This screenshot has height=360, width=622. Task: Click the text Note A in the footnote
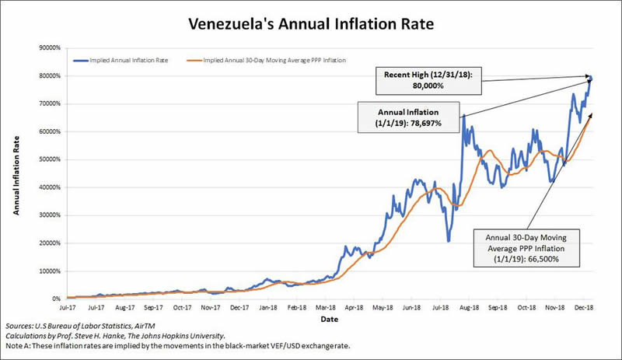(x=16, y=347)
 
